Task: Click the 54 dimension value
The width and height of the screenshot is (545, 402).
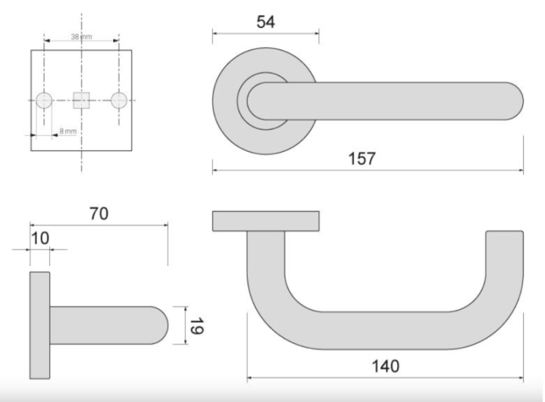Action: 266,22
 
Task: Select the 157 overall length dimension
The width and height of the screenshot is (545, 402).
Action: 362,159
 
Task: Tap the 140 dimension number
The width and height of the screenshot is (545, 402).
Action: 386,366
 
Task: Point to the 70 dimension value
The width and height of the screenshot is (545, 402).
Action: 99,213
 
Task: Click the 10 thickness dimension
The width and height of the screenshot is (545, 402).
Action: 40,238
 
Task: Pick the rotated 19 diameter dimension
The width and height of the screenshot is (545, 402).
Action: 196,326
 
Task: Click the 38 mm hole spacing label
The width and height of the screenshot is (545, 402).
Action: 82,37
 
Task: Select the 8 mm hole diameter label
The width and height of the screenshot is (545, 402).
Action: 67,131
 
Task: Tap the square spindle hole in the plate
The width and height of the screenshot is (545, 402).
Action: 81,101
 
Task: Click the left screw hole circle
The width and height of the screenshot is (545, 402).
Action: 44,101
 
